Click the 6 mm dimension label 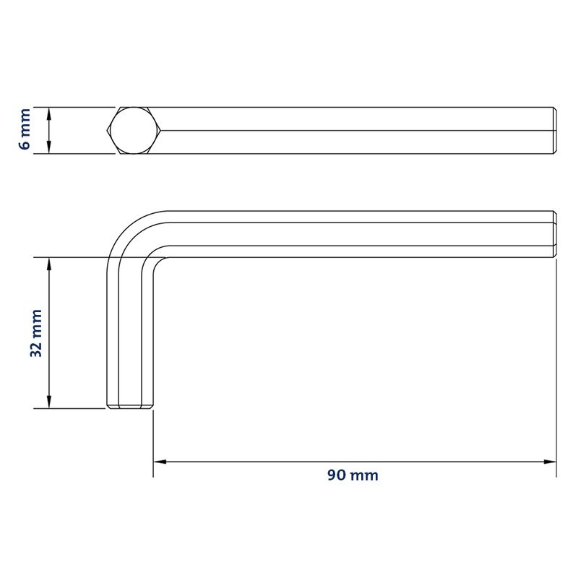[x=25, y=129]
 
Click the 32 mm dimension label [x=36, y=333]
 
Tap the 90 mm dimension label [x=353, y=475]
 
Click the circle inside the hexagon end [x=134, y=131]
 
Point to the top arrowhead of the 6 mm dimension [x=49, y=114]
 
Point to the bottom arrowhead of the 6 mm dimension [x=49, y=147]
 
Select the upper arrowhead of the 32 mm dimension [x=49, y=264]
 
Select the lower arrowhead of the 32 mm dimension [x=49, y=402]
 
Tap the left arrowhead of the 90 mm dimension [x=160, y=462]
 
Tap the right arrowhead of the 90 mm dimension [x=550, y=462]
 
